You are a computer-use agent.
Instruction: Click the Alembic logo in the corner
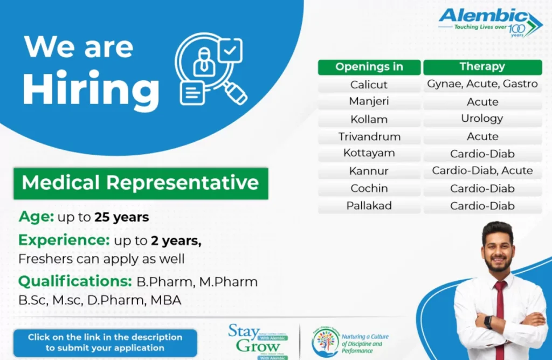[x=489, y=22]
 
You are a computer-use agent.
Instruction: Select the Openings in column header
[x=369, y=67]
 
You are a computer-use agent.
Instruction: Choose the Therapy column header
[x=482, y=67]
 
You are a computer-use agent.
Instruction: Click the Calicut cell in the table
[x=369, y=85]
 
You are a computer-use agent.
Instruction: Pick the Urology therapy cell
[x=482, y=119]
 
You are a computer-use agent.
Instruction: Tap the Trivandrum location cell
[x=369, y=136]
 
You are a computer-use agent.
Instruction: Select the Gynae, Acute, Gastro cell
[x=482, y=84]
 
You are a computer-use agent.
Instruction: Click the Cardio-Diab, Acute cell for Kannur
[x=482, y=171]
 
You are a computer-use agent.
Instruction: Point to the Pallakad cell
[x=369, y=206]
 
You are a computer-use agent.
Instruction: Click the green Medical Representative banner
[x=140, y=183]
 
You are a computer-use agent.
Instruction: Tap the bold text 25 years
[x=121, y=218]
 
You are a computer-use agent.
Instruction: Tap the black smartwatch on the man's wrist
[x=488, y=322]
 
